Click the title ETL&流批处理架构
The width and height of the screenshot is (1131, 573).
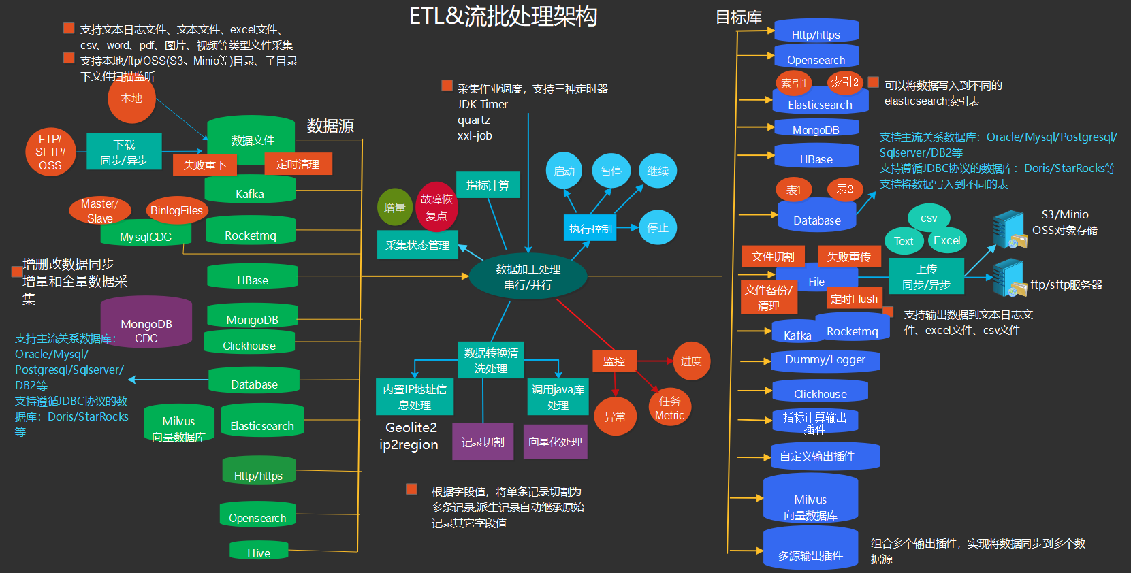pos(503,16)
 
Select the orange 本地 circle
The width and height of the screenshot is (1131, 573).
pos(131,99)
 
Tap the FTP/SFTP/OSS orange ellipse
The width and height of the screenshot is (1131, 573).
pos(50,152)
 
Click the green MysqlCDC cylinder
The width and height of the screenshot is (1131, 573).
pos(146,235)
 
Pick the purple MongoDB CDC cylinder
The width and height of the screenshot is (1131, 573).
pos(146,325)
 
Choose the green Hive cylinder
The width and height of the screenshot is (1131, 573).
pos(259,551)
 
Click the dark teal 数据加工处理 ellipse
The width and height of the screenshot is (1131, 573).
pos(528,277)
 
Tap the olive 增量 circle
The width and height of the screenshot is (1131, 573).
pos(394,208)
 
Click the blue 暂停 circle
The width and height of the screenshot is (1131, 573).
pos(611,171)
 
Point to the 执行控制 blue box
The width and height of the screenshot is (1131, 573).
pos(590,229)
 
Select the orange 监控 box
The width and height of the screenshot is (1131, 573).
pos(614,361)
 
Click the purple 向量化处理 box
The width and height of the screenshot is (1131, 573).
pos(555,442)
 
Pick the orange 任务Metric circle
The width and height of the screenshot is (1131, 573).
pos(669,408)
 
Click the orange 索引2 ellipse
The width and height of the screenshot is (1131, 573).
pos(844,82)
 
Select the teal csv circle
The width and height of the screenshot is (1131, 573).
pos(929,218)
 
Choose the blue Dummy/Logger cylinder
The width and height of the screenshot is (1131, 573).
pos(825,361)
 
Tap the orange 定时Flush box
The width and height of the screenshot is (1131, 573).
pos(854,299)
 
